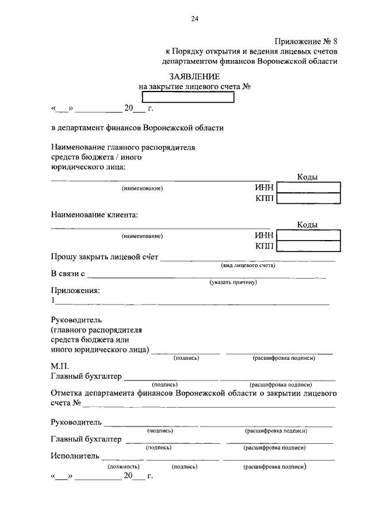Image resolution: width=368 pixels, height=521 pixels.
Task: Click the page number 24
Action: (x=194, y=19)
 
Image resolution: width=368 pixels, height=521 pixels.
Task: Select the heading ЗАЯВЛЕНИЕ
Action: (x=194, y=77)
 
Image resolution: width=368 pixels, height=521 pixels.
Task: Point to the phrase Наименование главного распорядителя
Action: (x=123, y=147)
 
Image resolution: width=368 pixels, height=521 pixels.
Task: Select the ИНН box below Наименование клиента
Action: (x=308, y=235)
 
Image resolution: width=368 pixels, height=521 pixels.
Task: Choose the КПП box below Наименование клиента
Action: (x=308, y=246)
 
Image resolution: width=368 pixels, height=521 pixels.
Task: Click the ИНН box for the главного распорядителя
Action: (x=308, y=188)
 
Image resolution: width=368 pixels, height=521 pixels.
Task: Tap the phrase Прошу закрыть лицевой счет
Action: (x=105, y=257)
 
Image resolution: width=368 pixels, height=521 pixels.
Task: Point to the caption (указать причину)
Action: (x=233, y=282)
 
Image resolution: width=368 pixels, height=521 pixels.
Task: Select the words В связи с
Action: (x=68, y=273)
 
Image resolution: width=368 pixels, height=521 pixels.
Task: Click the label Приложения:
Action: (x=75, y=290)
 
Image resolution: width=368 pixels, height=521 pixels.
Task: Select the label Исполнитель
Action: (x=75, y=456)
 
